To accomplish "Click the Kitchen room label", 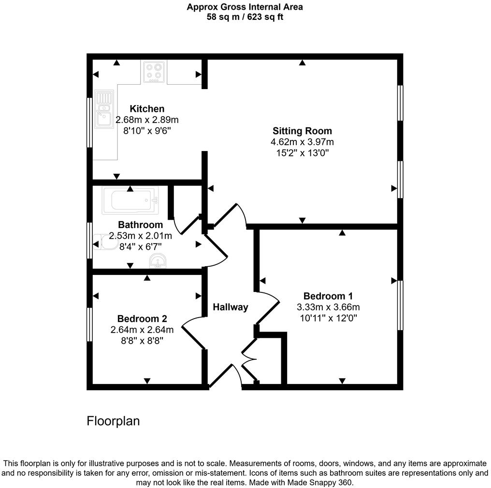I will pyautogui.click(x=147, y=109).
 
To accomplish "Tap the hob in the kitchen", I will pyautogui.click(x=154, y=71).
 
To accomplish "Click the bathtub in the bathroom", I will pyautogui.click(x=130, y=200).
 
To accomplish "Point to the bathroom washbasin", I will pyautogui.click(x=157, y=262).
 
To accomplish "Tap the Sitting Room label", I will pyautogui.click(x=302, y=131).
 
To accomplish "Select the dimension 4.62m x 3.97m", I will pyautogui.click(x=302, y=142).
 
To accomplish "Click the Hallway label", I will pyautogui.click(x=231, y=307).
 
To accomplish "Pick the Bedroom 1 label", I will pyautogui.click(x=328, y=296).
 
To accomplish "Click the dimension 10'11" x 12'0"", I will pyautogui.click(x=328, y=318).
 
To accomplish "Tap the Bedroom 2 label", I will pyautogui.click(x=142, y=319).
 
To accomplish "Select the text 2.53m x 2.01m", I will pyautogui.click(x=140, y=236).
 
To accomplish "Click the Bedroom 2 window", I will pyautogui.click(x=89, y=324).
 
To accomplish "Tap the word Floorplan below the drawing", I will pyautogui.click(x=113, y=421).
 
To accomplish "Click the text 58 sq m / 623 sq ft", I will pyautogui.click(x=245, y=17).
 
